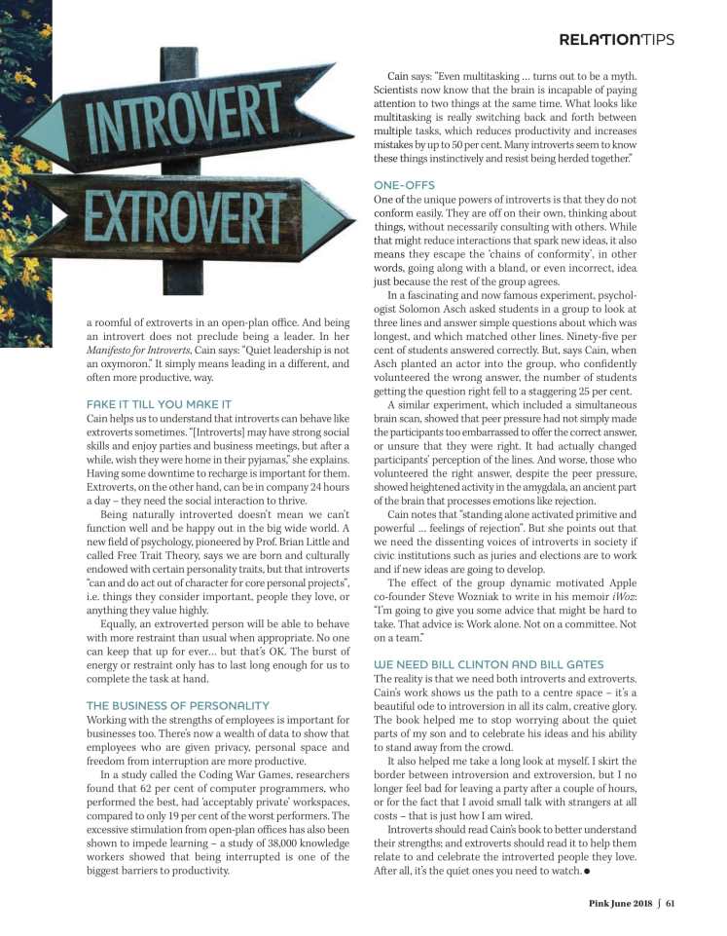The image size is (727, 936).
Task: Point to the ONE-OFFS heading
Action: [x=404, y=184]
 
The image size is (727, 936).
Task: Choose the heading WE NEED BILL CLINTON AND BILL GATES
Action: [x=488, y=636]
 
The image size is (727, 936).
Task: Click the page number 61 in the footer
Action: [x=671, y=902]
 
